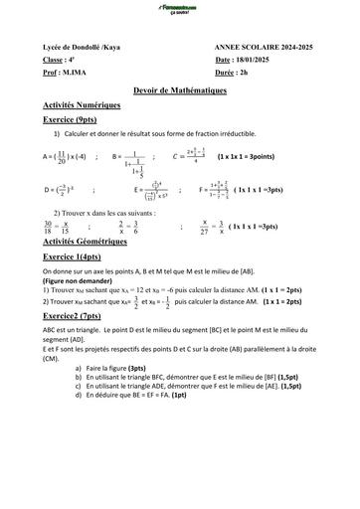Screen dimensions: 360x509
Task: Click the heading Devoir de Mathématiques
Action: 179,89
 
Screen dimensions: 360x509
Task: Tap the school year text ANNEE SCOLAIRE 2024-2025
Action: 264,48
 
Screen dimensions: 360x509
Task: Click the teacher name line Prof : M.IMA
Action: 70,74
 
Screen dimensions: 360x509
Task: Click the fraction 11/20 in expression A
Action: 62,156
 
